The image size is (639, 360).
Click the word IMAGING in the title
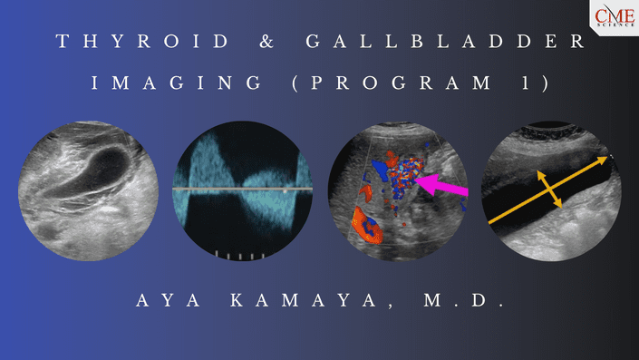[x=161, y=83]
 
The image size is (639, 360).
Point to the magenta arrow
[x=442, y=185]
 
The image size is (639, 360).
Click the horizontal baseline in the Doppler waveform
[x=242, y=189]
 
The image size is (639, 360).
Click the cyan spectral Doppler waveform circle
[x=242, y=190]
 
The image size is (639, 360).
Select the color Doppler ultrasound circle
[x=399, y=190]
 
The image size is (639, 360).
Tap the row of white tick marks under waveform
[x=240, y=255]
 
